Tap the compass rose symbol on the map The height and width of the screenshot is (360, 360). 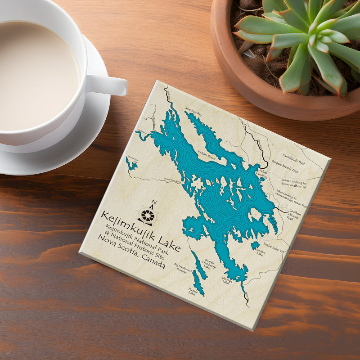(x=147, y=215)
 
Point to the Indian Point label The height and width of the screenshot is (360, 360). (x=207, y=158)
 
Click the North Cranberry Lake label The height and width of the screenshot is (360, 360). (x=210, y=264)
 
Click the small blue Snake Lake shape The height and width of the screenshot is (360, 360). (x=255, y=245)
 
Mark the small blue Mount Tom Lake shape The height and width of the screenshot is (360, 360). (x=131, y=164)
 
